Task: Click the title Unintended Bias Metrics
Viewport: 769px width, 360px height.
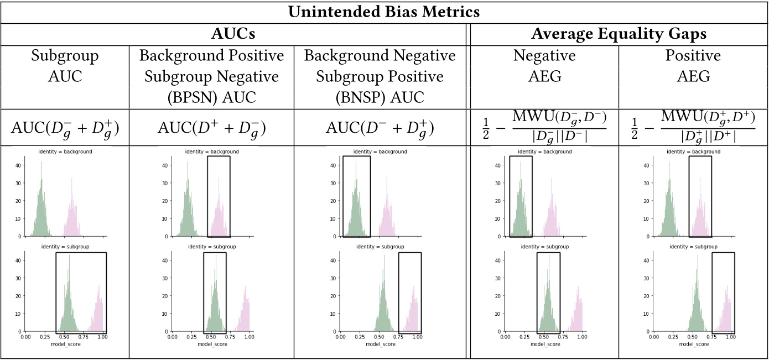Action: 384,12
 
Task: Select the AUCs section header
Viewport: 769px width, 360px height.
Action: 234,34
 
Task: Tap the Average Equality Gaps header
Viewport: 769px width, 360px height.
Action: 619,34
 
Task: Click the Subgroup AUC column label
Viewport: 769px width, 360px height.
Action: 65,66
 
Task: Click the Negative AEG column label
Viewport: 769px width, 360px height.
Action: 544,66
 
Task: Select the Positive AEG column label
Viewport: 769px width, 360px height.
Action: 693,66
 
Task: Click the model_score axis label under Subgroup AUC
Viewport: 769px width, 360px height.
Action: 65,344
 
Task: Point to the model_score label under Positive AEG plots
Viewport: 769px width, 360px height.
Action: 693,344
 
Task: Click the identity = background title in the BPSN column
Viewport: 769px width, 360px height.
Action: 212,152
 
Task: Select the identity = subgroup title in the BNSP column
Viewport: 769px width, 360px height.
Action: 380,246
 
